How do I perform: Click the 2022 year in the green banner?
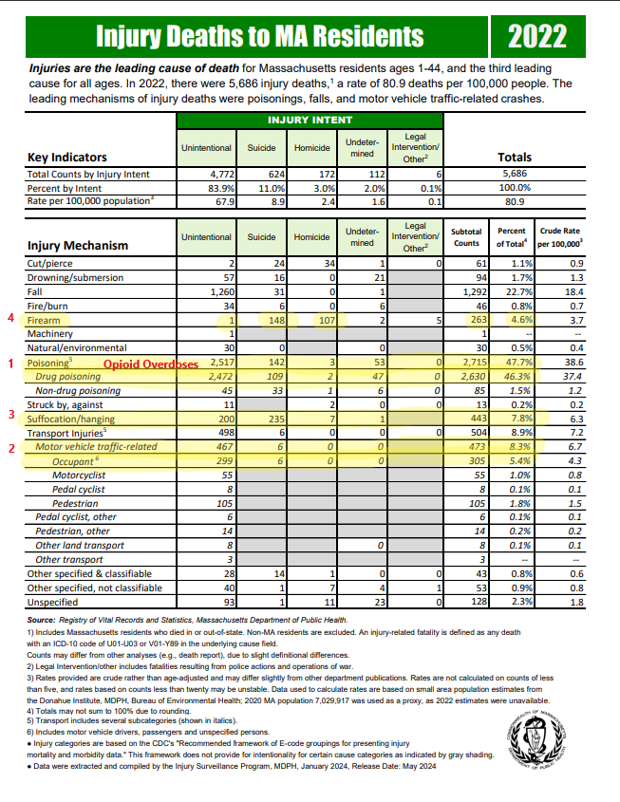(x=536, y=36)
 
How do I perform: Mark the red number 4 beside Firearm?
(x=10, y=320)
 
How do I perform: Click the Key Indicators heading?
(x=67, y=158)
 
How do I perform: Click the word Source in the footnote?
(x=45, y=621)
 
